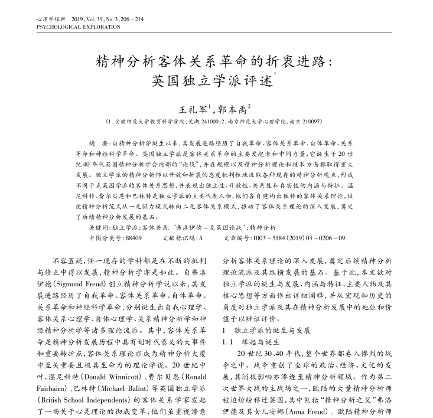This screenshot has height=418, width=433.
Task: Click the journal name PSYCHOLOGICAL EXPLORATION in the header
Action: pyautogui.click(x=74, y=27)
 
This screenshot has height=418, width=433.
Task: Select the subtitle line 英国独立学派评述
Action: pyautogui.click(x=213, y=80)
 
